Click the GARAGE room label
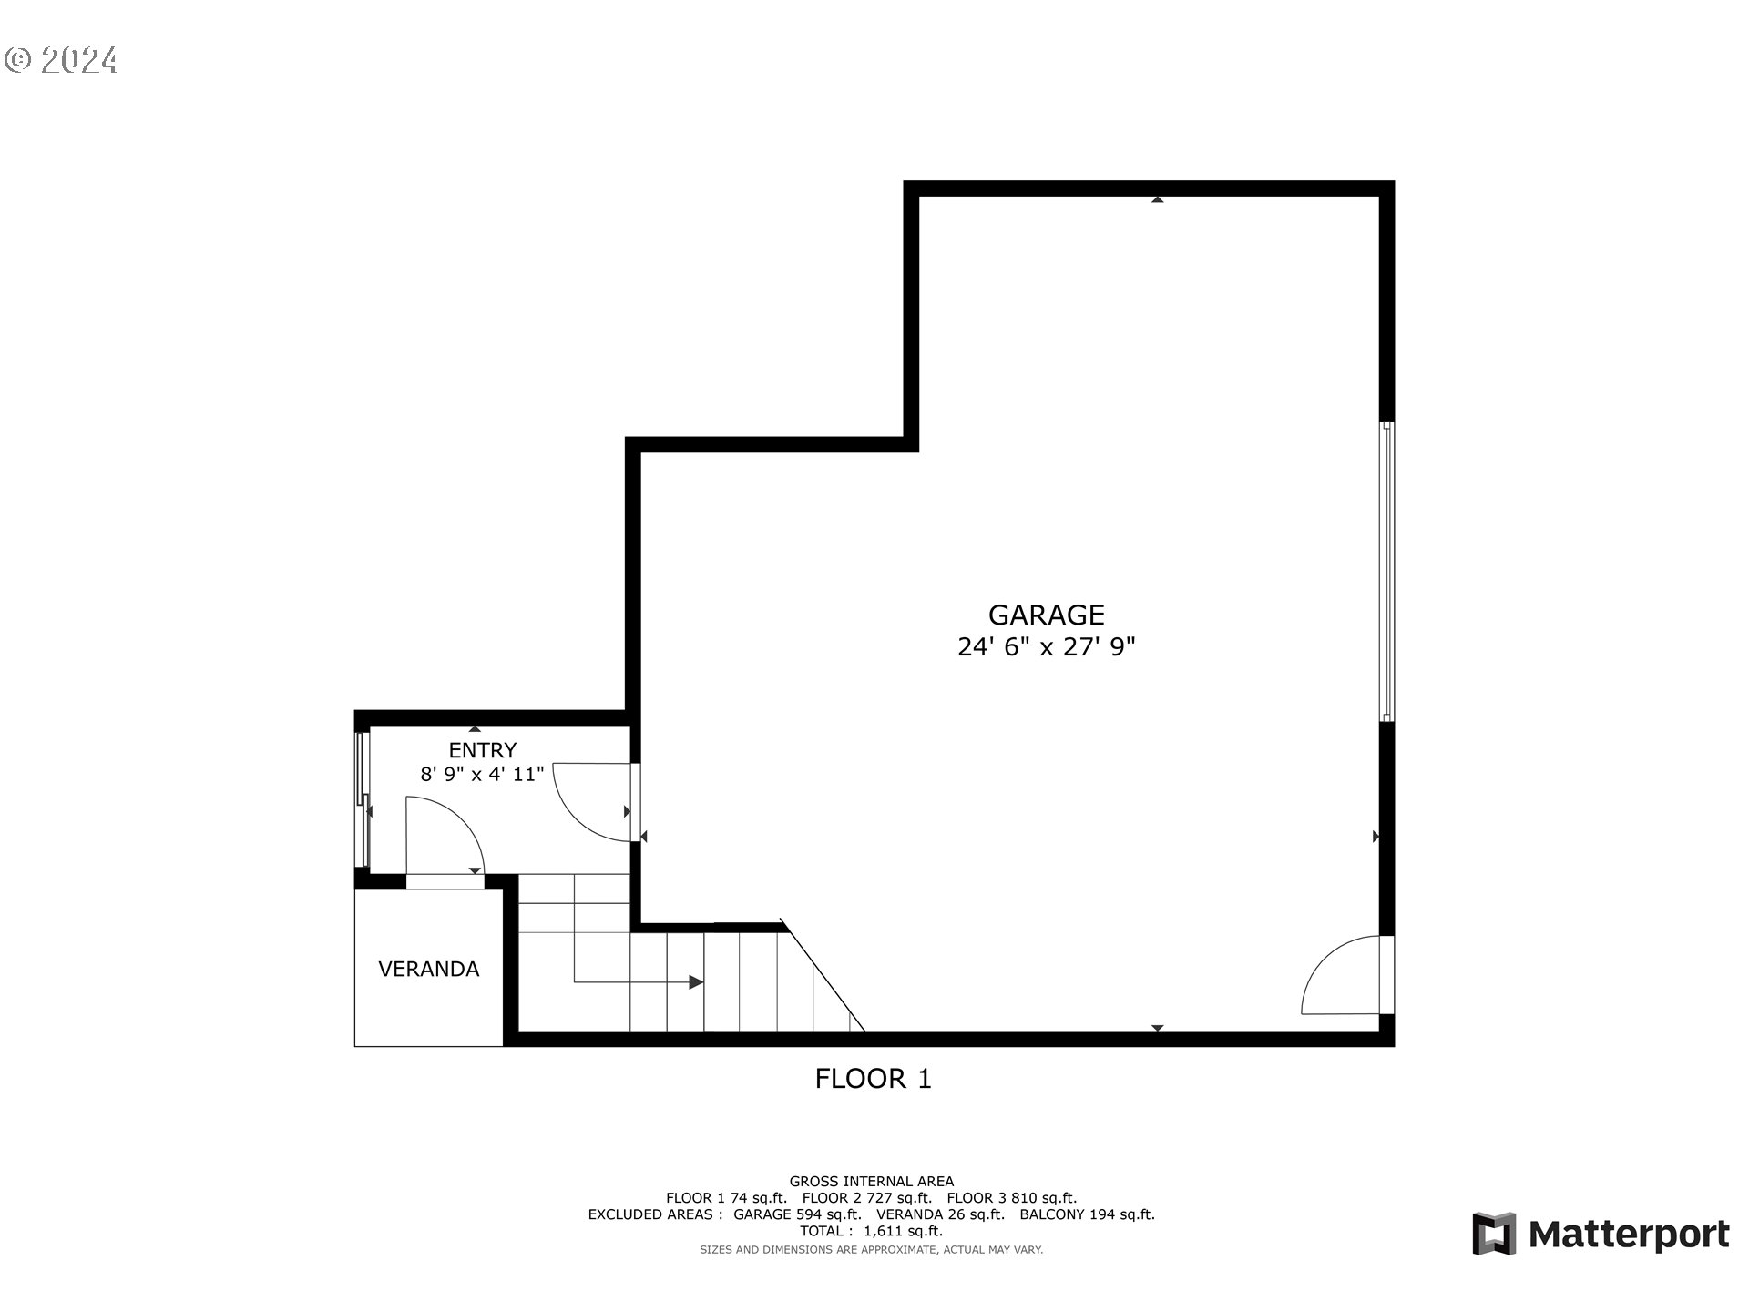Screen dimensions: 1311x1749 point(1046,615)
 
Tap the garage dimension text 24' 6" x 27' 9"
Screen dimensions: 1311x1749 point(1046,647)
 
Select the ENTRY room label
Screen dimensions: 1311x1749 point(482,750)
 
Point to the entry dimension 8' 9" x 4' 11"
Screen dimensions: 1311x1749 point(482,775)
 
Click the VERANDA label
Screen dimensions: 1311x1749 point(428,970)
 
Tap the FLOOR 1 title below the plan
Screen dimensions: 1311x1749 point(873,1079)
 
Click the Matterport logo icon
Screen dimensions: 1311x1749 point(1494,1234)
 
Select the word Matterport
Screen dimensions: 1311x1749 point(1629,1235)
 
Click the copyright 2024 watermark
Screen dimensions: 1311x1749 point(61,60)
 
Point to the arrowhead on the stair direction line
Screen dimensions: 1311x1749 point(696,982)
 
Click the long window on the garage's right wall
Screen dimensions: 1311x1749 point(1386,572)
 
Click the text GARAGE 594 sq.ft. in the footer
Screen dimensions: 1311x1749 point(797,1214)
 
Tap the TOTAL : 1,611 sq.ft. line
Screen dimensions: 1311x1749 point(871,1231)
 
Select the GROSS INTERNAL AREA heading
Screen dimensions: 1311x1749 point(871,1182)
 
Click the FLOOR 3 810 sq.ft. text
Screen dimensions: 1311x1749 point(1011,1198)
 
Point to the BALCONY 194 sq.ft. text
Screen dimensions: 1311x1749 point(1087,1214)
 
